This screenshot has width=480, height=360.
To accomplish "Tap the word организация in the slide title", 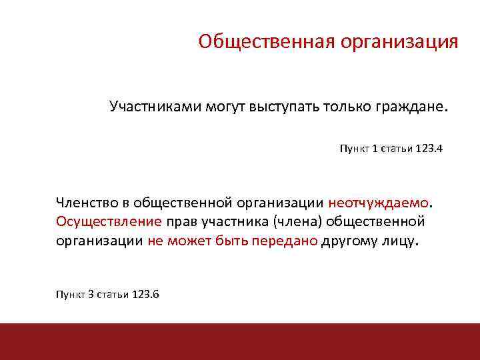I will point(399,42).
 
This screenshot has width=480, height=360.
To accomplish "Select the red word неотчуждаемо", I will point(379,201).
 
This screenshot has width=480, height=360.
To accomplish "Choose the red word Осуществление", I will point(99,221).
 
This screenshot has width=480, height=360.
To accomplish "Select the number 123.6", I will point(145,295).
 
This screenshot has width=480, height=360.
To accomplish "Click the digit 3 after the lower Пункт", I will point(91,295).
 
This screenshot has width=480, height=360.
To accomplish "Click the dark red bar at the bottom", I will point(240,341).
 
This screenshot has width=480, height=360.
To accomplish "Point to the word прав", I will point(180,221).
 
